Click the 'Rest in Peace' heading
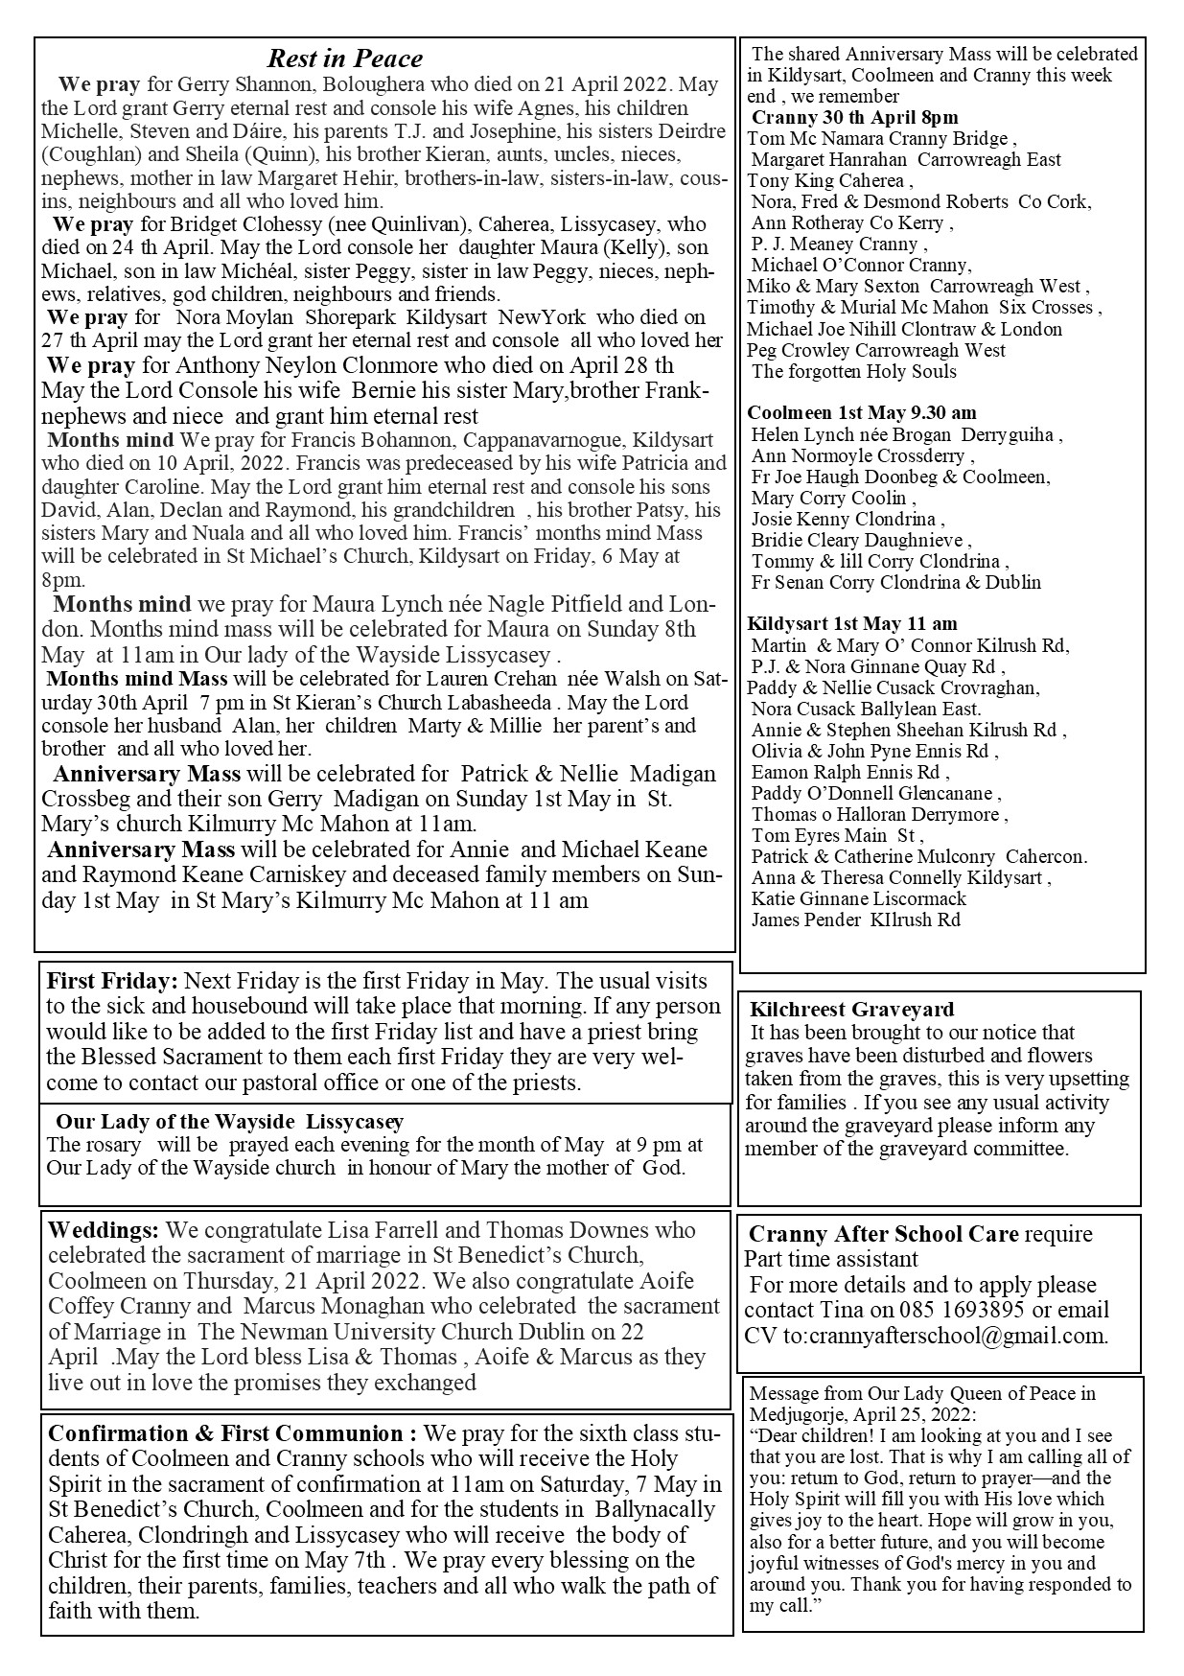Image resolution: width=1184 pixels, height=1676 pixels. tap(344, 59)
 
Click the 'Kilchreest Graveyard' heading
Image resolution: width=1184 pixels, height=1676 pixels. tap(851, 1009)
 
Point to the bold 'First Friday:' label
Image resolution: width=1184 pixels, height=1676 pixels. tap(112, 981)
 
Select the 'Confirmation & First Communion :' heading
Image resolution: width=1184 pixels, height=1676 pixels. tap(233, 1433)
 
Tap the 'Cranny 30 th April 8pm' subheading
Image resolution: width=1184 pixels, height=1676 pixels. tap(854, 118)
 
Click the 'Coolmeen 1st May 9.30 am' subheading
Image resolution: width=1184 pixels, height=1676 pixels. tap(862, 413)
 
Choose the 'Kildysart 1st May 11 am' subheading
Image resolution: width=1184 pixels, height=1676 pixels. tap(852, 624)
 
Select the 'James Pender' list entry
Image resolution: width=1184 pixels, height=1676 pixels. tap(855, 919)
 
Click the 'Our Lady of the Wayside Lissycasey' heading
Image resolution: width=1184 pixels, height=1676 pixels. tap(229, 1121)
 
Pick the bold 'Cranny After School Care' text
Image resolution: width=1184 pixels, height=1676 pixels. tap(883, 1234)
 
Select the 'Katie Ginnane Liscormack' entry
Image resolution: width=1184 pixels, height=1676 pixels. tap(858, 898)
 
